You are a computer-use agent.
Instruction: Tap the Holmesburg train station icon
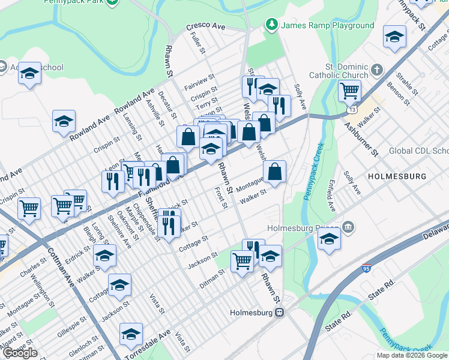280,313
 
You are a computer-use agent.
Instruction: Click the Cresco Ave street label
205,28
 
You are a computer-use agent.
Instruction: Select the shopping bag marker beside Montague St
274,172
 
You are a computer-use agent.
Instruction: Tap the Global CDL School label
418,151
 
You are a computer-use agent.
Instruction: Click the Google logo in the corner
20,353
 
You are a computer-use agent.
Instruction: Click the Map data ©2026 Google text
411,355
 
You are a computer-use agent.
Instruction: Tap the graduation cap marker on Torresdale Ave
131,334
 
